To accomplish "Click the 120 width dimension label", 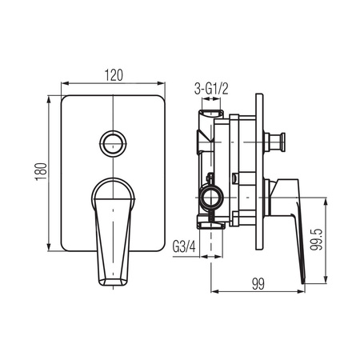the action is [114, 75].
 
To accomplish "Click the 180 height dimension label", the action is [42, 172].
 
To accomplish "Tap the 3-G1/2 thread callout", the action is [211, 89].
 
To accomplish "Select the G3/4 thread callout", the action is [184, 247].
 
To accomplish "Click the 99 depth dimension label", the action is [258, 284].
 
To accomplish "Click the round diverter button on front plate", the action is [114, 143].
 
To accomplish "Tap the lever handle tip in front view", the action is [113, 282].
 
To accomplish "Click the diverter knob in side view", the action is [274, 142].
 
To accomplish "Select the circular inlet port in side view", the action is [211, 198].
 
